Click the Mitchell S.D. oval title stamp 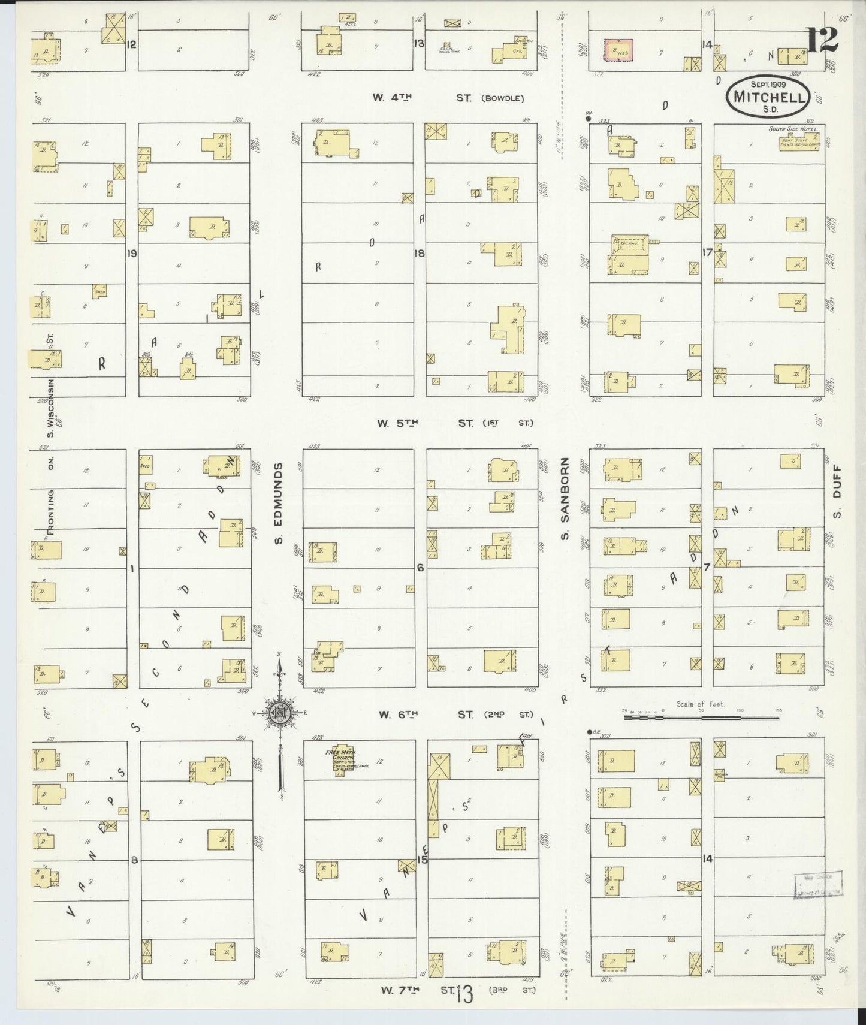[x=768, y=95]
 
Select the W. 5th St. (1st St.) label [x=454, y=423]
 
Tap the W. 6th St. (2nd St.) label [x=454, y=715]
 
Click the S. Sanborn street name [x=565, y=499]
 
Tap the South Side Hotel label [x=793, y=129]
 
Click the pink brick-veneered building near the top [x=618, y=50]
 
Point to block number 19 [x=132, y=254]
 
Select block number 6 [x=420, y=567]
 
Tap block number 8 [x=135, y=860]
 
